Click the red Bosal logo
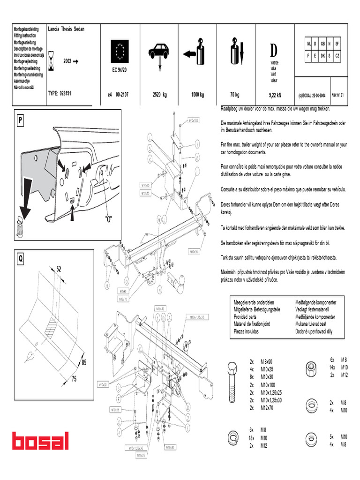point(41,441)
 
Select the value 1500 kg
point(197,95)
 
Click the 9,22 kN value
point(275,95)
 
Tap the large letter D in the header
point(273,50)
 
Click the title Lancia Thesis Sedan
point(66,29)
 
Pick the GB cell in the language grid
point(322,44)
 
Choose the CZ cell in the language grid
point(337,55)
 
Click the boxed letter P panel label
point(20,120)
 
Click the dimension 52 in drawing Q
point(59,269)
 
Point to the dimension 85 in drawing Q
point(84,362)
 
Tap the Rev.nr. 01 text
point(337,94)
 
